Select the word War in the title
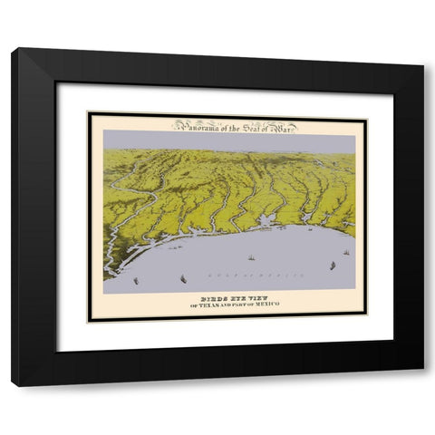coord(284,126)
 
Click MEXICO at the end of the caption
coord(266,303)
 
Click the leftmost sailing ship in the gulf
coord(136,280)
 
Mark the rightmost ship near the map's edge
coord(345,253)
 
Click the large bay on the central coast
coord(266,220)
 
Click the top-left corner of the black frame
coord(13,50)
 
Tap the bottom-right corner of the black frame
coord(422,386)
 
